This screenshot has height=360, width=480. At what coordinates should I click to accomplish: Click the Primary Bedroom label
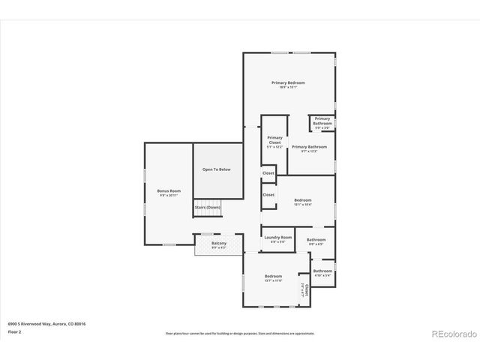288,82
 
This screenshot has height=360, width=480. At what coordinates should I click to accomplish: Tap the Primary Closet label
275,139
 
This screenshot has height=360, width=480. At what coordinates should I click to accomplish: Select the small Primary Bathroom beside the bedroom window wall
322,121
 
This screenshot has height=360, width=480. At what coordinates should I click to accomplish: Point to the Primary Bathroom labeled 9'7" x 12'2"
309,147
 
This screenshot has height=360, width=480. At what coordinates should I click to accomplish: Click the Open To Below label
216,169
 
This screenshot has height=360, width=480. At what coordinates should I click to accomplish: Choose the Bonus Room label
169,191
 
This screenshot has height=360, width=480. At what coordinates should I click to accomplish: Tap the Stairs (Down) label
208,207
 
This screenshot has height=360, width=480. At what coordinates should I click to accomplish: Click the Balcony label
218,244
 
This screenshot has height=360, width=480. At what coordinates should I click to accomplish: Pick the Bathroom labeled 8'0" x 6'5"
316,240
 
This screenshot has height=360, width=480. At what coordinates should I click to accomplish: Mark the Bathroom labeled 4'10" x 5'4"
322,271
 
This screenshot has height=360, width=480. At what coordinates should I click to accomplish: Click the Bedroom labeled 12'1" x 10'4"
302,200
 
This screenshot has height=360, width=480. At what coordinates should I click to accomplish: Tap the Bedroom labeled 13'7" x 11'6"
273,277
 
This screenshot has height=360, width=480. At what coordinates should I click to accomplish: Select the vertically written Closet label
305,289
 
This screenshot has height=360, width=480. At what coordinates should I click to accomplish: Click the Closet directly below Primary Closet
268,173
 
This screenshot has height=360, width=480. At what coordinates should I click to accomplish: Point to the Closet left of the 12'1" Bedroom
268,195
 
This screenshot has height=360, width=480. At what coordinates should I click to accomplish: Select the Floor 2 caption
14,331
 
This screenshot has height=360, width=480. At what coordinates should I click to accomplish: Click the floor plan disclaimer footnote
240,333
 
